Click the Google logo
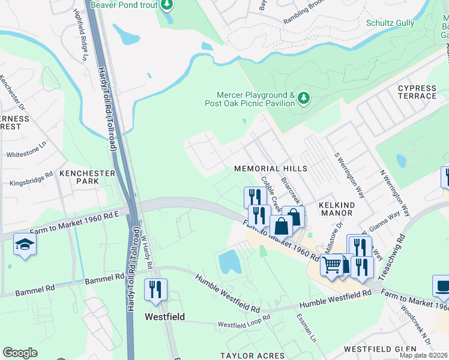pyautogui.click(x=20, y=353)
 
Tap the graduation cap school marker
pyautogui.click(x=25, y=244)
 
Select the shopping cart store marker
pyautogui.click(x=331, y=263)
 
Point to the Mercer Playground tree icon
pyautogui.click(x=304, y=97)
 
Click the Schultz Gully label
pyautogui.click(x=390, y=23)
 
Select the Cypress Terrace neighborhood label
pyautogui.click(x=417, y=92)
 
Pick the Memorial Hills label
pyautogui.click(x=270, y=169)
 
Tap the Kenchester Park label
pyautogui.click(x=87, y=177)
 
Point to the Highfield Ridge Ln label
pyautogui.click(x=80, y=35)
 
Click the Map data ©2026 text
pyautogui.click(x=423, y=355)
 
